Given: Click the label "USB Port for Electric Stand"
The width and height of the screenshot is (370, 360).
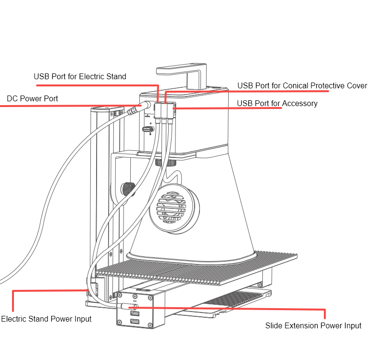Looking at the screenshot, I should click(80, 76).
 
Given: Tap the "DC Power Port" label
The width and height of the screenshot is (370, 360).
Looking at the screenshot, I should click(32, 99).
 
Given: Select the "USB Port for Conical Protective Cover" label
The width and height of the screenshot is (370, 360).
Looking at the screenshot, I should click(302, 86).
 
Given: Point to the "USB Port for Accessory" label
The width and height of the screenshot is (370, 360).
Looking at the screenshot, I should click(277, 103).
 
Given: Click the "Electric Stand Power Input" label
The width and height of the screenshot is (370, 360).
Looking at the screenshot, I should click(46, 319).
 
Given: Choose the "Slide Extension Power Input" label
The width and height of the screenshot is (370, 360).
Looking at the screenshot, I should click(313, 326).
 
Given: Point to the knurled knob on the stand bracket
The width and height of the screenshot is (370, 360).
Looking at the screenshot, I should click(127, 188).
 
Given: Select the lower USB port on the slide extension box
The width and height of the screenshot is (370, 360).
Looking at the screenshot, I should click(135, 321).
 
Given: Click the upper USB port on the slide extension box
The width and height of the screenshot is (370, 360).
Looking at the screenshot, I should click(135, 313).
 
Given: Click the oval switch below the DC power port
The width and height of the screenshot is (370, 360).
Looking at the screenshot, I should click(148, 129).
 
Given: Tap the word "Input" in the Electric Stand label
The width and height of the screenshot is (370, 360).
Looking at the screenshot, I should click(81, 319).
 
